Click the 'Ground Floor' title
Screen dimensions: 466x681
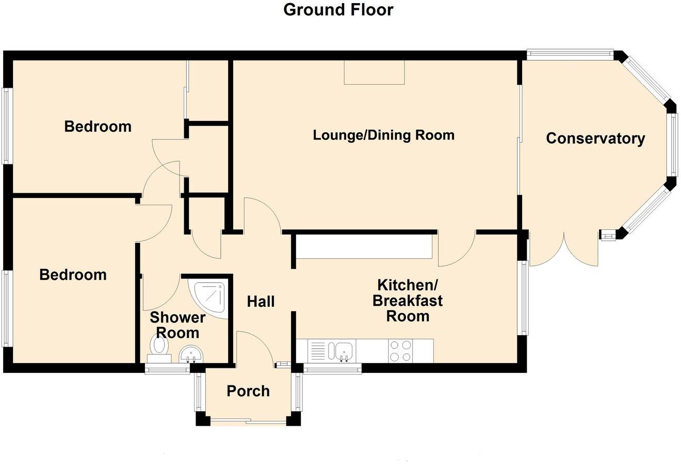pos(338,10)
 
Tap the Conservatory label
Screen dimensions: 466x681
pos(595,138)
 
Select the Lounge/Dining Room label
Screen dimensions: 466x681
pos(383,135)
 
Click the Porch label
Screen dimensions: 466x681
pos(248,391)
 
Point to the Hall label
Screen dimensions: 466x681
pos(261,301)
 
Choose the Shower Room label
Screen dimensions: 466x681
pos(177,325)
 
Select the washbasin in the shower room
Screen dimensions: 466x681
pos(191,354)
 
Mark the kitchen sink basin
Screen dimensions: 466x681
pos(344,351)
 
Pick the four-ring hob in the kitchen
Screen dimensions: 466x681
pos(401,351)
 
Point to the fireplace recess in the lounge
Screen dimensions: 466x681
pos(375,72)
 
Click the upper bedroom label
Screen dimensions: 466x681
pos(98,127)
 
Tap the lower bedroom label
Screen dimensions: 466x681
pos(73,274)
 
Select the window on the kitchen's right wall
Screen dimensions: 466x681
pos(524,298)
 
